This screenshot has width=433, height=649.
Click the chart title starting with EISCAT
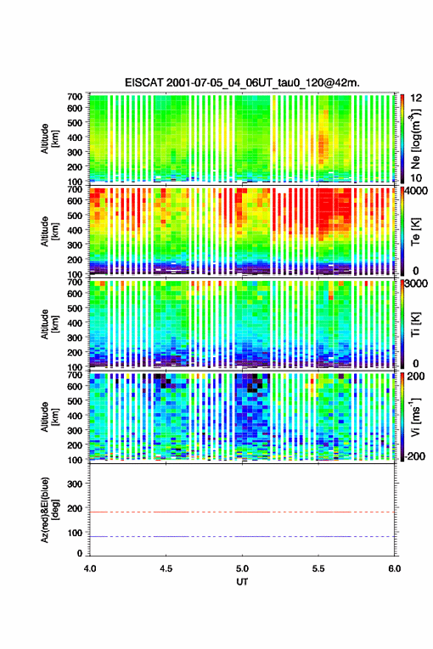click(242, 83)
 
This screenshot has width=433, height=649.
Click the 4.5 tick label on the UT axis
click(166, 569)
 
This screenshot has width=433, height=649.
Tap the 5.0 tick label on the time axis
click(242, 569)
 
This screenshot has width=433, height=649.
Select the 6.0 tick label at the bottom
click(395, 569)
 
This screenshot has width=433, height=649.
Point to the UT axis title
click(242, 582)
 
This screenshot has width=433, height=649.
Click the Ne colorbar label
click(415, 139)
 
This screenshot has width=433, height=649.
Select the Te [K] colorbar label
click(415, 232)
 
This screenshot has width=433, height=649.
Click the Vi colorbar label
click(415, 417)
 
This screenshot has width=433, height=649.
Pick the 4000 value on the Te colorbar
click(417, 191)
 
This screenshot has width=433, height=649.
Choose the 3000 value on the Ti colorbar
click(417, 283)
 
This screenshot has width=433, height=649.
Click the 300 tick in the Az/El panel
click(75, 484)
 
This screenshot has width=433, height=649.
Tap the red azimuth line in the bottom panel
click(242, 512)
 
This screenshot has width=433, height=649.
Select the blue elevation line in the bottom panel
click(242, 536)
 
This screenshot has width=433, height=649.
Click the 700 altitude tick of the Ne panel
click(75, 97)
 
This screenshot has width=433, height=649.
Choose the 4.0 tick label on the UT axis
click(90, 569)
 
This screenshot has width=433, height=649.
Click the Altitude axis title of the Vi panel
click(49, 417)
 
